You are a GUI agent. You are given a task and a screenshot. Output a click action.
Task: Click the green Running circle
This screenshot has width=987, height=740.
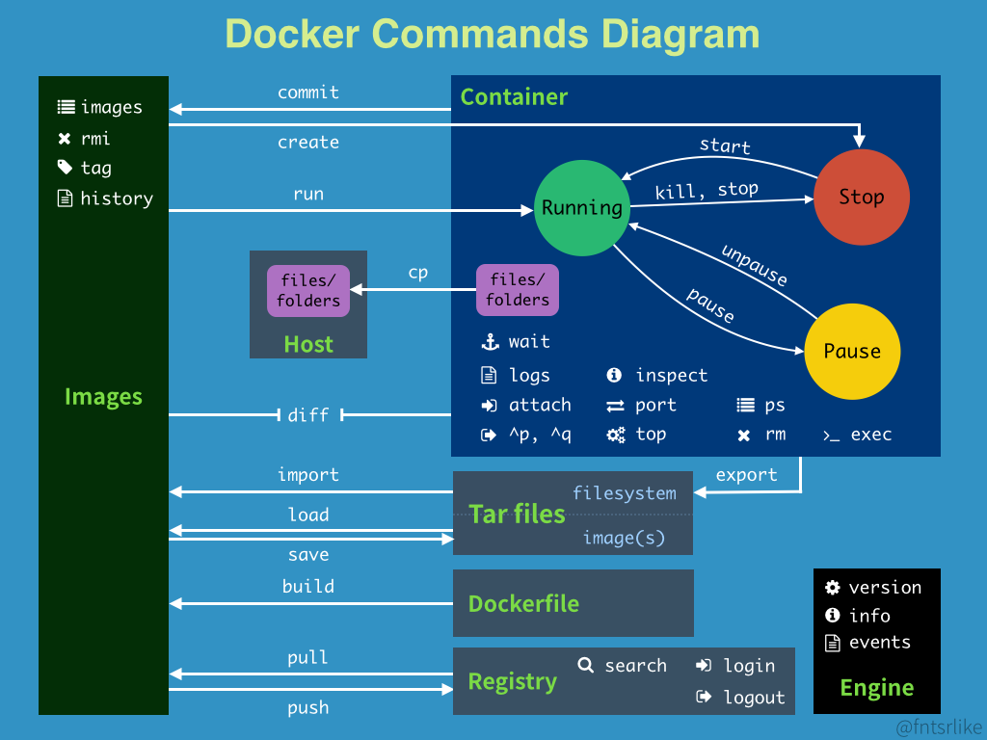(581, 208)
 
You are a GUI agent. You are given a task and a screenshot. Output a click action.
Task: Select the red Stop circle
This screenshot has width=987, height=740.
(861, 198)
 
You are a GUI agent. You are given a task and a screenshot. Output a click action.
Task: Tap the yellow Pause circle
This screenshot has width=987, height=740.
(852, 352)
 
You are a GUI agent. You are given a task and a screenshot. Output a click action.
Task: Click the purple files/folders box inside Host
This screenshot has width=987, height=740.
(308, 290)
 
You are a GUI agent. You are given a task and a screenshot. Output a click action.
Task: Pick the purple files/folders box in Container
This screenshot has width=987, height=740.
(518, 290)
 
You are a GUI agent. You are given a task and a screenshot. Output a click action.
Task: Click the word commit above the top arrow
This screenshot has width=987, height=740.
(308, 92)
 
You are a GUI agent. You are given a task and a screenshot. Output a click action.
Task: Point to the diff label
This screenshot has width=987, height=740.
(308, 415)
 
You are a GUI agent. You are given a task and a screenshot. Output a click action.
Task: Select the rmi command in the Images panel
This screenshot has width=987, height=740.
(95, 138)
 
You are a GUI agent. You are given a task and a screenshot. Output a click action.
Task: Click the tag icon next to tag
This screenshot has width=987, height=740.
(65, 168)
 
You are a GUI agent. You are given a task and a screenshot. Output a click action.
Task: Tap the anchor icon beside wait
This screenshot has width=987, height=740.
(489, 342)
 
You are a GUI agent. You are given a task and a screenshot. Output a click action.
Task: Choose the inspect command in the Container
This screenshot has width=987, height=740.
(671, 376)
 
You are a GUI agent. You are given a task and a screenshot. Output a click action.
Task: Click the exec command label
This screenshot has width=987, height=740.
(870, 435)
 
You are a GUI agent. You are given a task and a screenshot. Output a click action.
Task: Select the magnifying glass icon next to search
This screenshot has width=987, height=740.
(585, 665)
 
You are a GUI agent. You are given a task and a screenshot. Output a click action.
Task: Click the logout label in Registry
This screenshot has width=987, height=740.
(754, 698)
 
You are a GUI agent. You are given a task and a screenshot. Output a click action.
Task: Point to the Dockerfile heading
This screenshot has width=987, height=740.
(523, 604)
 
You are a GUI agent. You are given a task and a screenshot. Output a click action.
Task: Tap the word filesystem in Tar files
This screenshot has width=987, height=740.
(625, 493)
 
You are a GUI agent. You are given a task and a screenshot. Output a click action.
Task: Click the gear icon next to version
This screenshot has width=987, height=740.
(833, 588)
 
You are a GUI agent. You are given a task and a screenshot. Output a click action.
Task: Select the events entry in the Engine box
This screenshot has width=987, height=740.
(879, 643)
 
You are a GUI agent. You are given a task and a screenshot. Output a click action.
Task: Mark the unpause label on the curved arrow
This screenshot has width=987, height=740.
(755, 265)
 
